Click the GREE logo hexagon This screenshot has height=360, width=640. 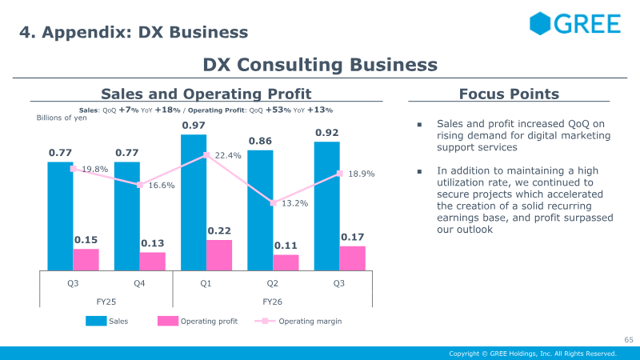click(x=540, y=23)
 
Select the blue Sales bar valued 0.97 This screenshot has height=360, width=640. click(x=194, y=202)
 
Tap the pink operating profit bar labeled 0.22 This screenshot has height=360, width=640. click(x=219, y=255)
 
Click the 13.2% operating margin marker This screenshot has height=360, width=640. click(x=273, y=203)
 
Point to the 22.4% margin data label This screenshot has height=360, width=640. click(x=228, y=155)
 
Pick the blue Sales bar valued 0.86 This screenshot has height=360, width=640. click(x=260, y=210)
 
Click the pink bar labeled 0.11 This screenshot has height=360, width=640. click(x=286, y=262)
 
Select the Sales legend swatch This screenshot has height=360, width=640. click(x=96, y=321)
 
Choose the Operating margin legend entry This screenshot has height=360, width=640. click(x=298, y=322)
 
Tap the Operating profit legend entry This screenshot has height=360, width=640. click(x=198, y=322)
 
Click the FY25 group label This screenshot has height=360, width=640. click(x=106, y=302)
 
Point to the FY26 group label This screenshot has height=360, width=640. click(x=272, y=302)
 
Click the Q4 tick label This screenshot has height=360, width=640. click(x=139, y=283)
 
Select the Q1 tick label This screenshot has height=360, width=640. click(x=206, y=283)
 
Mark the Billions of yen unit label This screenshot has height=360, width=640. click(x=62, y=118)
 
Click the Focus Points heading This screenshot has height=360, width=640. click(x=509, y=94)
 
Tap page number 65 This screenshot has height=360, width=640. click(x=629, y=339)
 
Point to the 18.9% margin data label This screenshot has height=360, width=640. click(x=362, y=174)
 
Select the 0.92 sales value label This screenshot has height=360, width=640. click(x=327, y=133)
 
